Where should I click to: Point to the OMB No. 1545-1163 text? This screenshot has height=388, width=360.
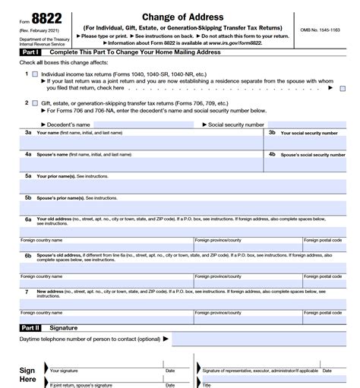[319, 30]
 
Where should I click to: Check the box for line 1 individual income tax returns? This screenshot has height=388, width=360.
[34, 74]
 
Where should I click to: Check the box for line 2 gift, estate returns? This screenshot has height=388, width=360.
[34, 102]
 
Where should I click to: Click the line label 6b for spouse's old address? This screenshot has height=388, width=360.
[27, 256]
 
